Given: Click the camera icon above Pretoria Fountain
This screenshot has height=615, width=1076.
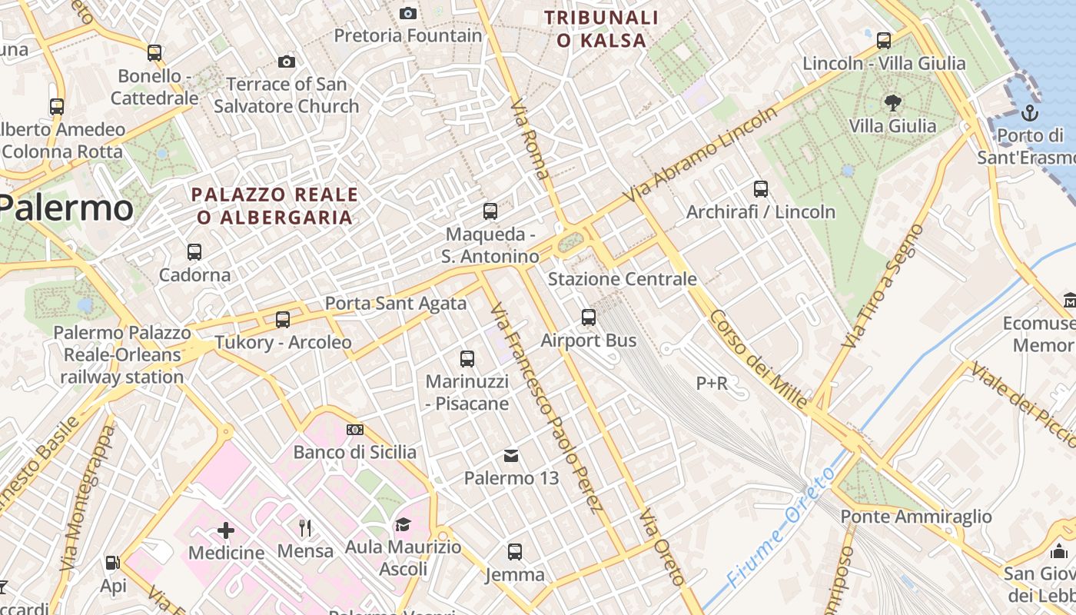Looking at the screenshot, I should coord(408,13).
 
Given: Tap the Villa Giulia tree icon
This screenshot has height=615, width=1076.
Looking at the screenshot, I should coord(892,102).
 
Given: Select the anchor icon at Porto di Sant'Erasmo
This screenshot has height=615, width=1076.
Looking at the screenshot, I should coord(1030,114).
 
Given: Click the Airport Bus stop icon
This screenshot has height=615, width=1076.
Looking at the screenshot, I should coord(589,317).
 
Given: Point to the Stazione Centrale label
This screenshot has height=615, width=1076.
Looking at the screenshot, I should coord(622,278).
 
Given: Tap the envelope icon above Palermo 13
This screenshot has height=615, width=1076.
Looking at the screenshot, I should coord(511,456).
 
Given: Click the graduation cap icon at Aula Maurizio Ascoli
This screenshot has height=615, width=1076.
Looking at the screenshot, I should coord(403,525).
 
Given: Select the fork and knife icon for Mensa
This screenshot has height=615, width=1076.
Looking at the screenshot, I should coord(305,527).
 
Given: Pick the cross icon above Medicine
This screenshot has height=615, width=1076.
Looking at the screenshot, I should coord(226,530).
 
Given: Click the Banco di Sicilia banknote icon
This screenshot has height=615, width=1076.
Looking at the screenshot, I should coord(354,430).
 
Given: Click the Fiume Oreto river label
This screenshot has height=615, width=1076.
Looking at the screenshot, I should coord(779,528).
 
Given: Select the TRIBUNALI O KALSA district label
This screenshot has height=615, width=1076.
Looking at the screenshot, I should coord(601,28).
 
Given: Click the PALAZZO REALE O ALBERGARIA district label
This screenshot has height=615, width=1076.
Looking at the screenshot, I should coord(274,206).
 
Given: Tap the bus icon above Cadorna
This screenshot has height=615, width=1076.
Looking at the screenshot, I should coord(194,251).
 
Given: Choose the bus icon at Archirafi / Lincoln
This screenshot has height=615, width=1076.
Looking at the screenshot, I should coord(761,188).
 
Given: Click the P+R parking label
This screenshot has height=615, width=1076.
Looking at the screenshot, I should coord(712,383).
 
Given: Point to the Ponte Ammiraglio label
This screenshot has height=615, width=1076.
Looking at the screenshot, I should coord(916,517).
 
